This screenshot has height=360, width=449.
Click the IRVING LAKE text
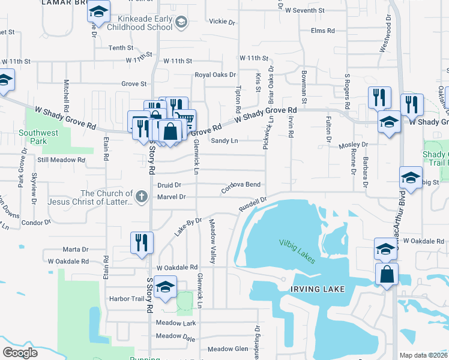[318, 289]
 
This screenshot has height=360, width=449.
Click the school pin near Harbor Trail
[165, 287]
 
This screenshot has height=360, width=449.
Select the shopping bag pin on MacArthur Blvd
[387, 274]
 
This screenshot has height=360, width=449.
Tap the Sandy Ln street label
[224, 140]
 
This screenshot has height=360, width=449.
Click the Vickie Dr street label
[222, 22]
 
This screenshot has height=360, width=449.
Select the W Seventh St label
[305, 10]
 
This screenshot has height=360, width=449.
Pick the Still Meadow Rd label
[61, 160]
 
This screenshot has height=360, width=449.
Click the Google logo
[20, 353]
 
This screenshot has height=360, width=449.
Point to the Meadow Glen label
[228, 349]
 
